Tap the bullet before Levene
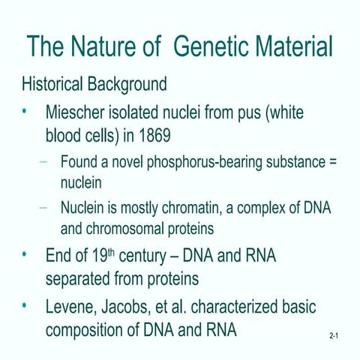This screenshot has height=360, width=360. click(x=25, y=307)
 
